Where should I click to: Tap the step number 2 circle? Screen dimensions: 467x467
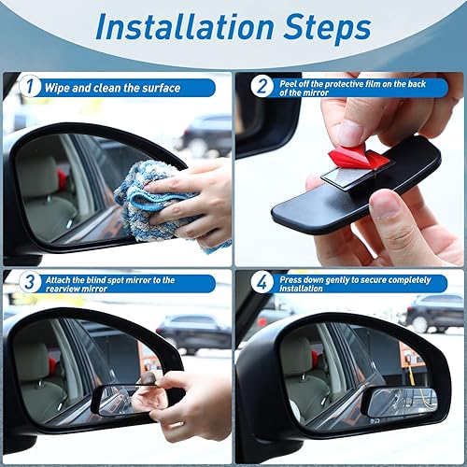click(262, 88)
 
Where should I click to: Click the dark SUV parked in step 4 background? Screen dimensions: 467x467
click(434, 312)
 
